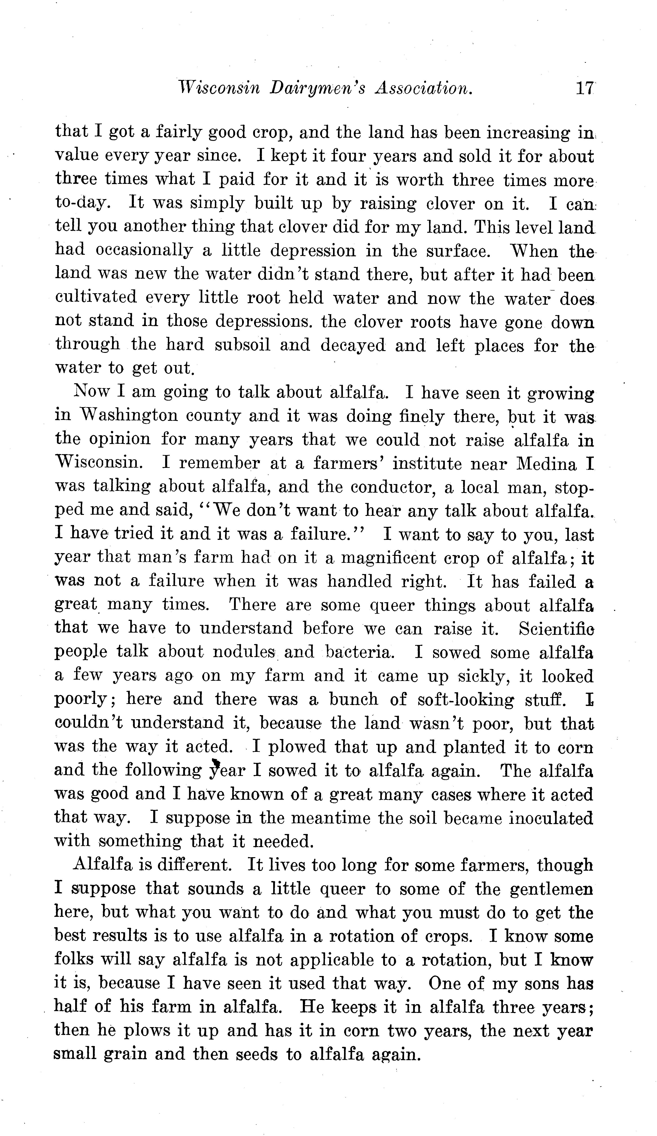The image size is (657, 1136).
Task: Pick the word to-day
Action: click(83, 203)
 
